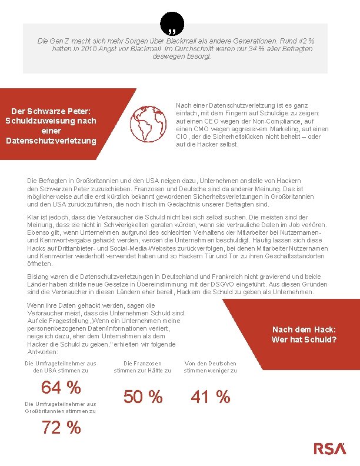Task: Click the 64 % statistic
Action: [61, 388]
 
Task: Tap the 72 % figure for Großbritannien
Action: [61, 428]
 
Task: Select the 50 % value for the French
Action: [142, 397]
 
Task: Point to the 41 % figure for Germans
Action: [210, 397]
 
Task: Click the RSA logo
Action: [329, 448]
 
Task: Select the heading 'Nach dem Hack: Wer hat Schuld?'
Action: [304, 335]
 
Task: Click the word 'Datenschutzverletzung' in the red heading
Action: [50, 140]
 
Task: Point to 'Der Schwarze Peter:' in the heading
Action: [50, 111]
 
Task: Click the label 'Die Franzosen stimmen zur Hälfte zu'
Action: [142, 367]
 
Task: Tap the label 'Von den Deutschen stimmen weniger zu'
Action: [210, 367]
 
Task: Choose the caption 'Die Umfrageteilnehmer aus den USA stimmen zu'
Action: [61, 367]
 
